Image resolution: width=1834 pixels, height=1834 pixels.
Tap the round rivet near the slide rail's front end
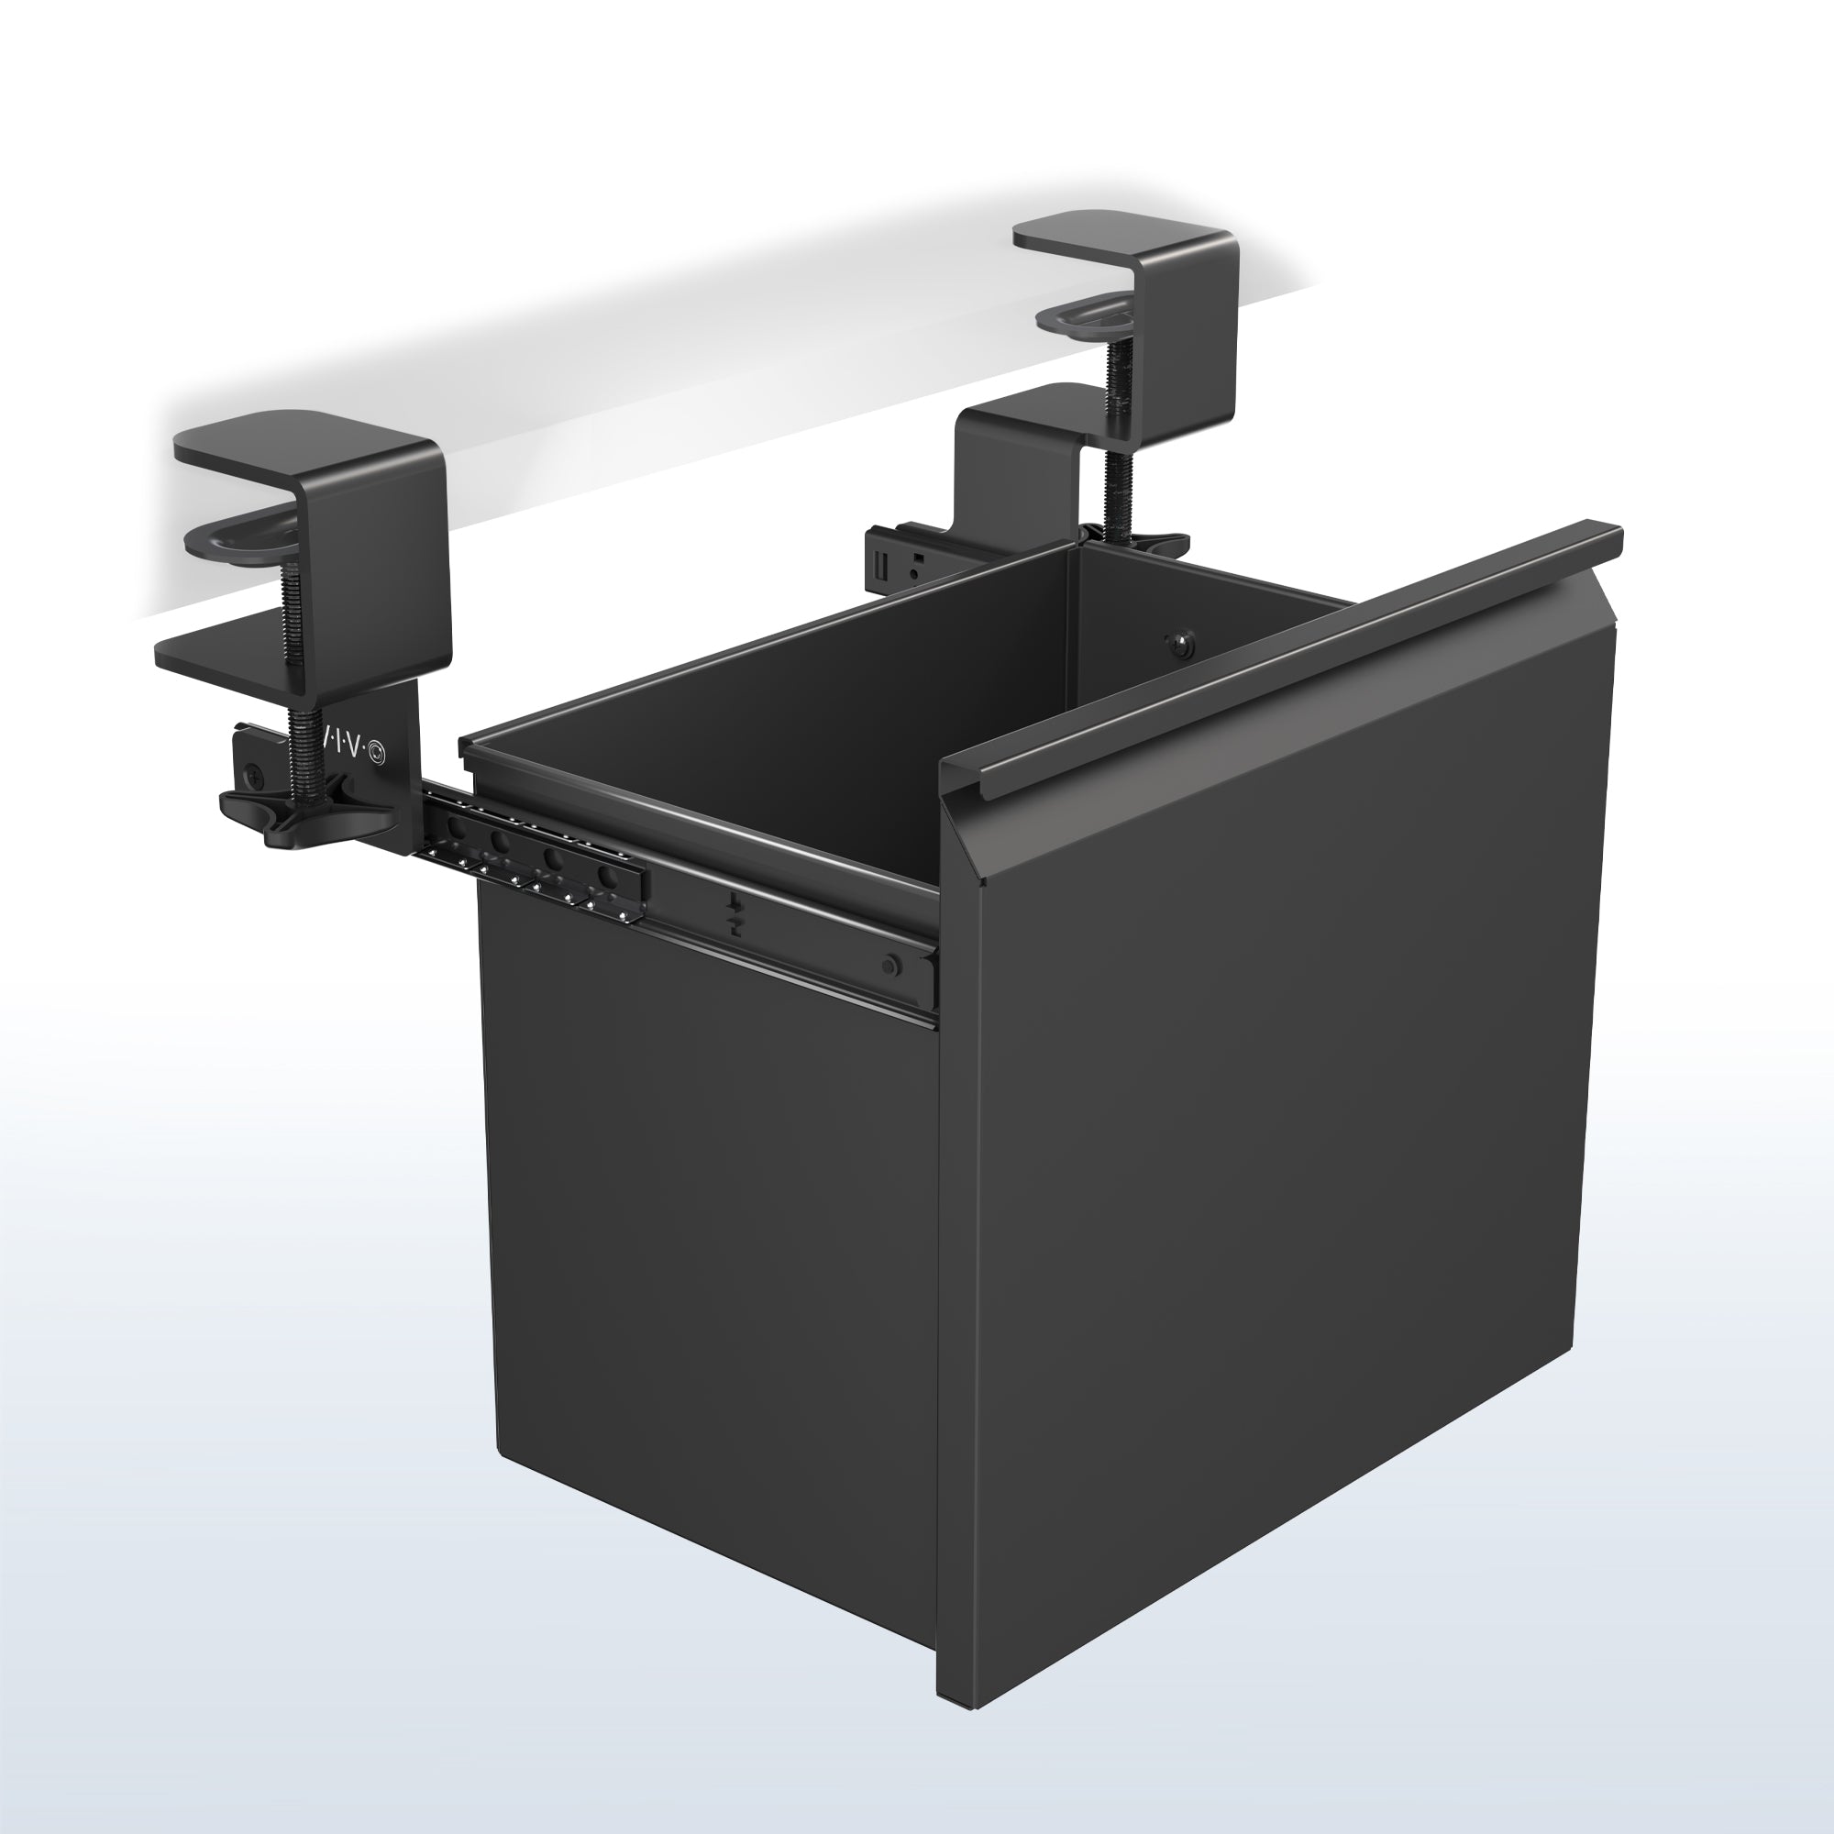click(x=889, y=967)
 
